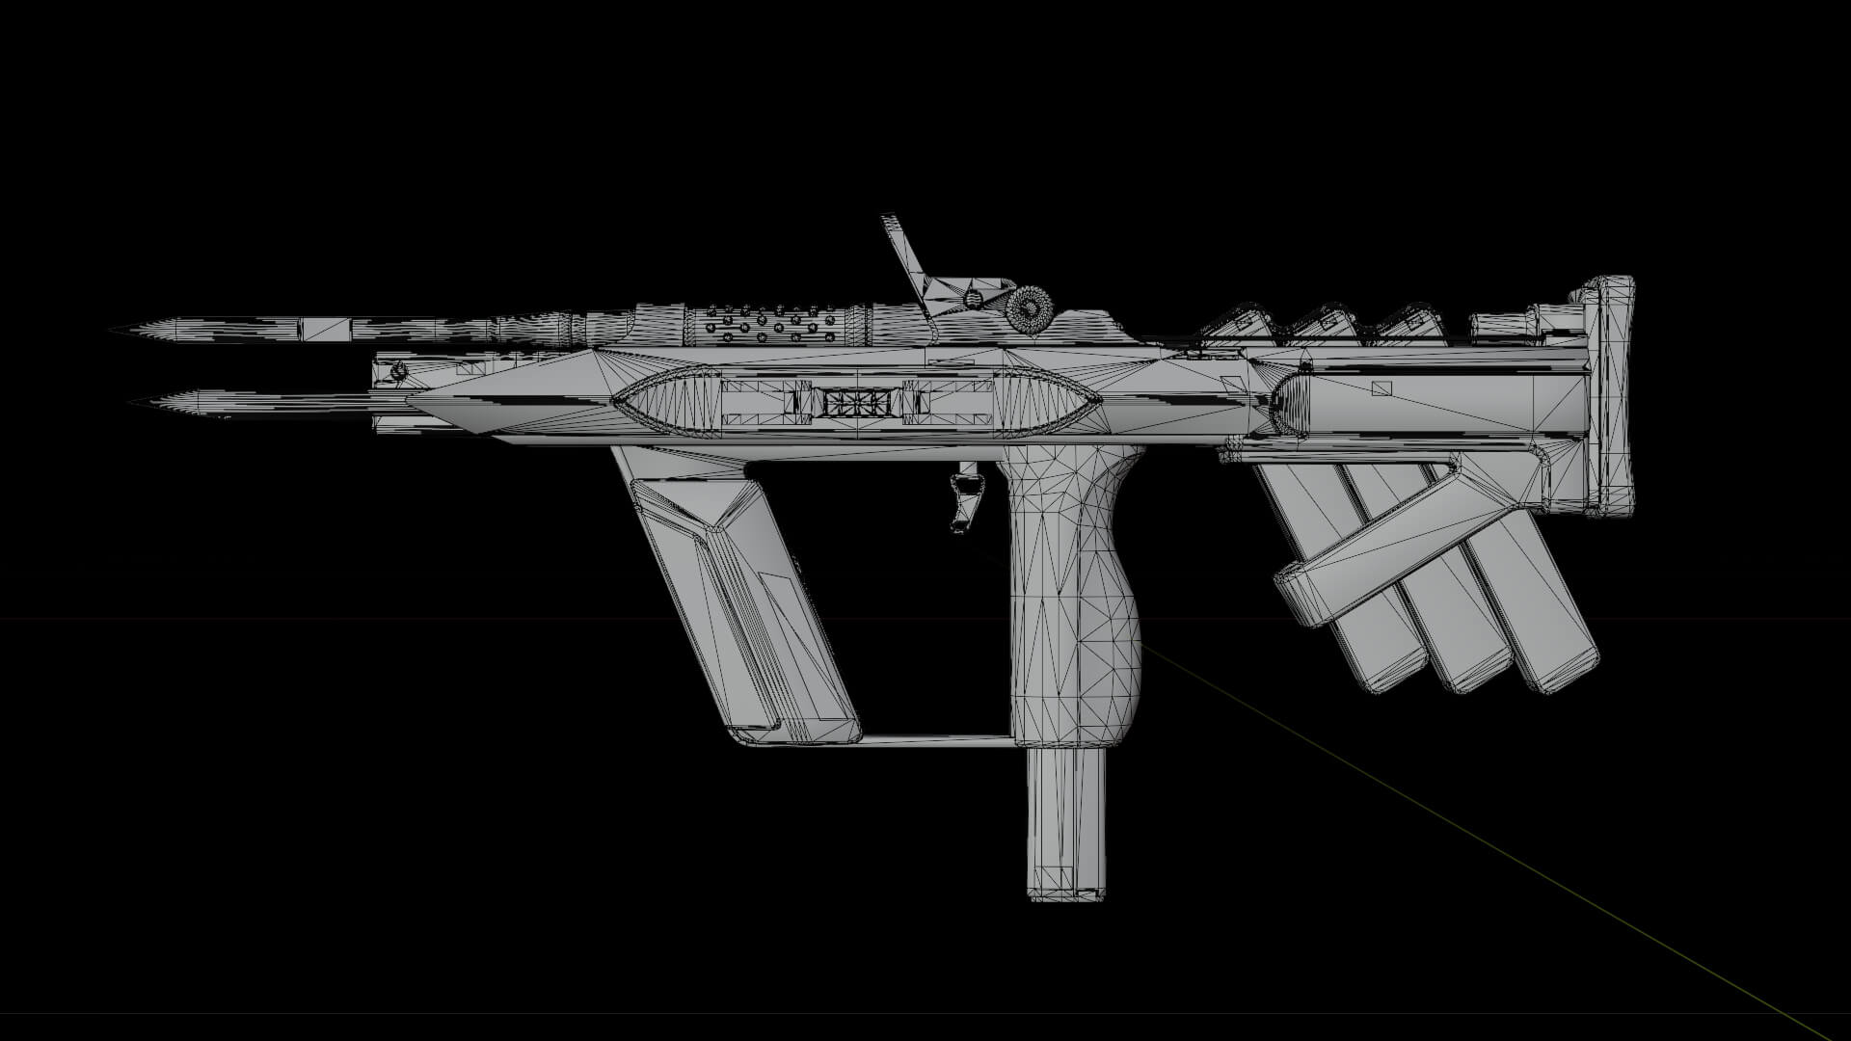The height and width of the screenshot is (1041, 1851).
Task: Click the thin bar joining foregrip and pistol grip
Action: click(935, 739)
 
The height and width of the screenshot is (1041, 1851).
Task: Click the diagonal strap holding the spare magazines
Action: click(1388, 549)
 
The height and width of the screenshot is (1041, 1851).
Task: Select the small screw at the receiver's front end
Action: click(398, 370)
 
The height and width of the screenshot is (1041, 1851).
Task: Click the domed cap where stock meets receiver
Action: click(1292, 405)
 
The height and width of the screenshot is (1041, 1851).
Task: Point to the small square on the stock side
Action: click(1382, 388)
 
